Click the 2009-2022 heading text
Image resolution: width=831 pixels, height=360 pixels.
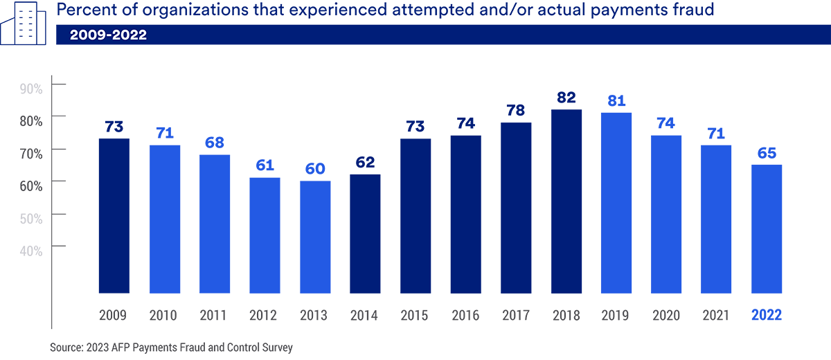click(108, 35)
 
